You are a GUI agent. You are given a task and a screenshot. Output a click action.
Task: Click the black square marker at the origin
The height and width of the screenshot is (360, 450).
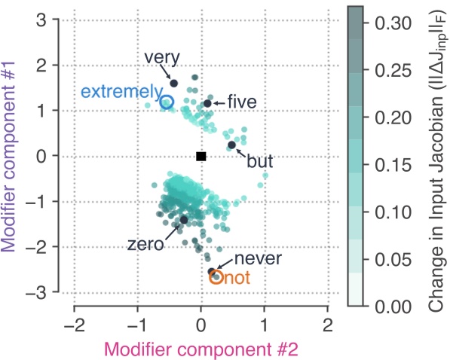(x=201, y=156)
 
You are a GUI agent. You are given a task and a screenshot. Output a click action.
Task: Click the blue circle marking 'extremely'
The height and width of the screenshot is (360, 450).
(x=167, y=102)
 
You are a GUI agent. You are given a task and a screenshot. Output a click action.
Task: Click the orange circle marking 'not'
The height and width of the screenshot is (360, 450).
(x=216, y=277)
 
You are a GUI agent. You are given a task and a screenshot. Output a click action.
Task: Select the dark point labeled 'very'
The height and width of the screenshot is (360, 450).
(x=174, y=84)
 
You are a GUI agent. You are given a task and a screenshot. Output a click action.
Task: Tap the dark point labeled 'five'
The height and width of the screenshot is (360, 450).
(x=208, y=103)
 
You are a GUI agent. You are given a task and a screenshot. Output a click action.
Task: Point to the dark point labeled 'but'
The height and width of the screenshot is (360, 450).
(x=232, y=145)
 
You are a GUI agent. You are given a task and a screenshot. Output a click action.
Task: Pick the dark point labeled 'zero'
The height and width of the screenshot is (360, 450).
(x=184, y=219)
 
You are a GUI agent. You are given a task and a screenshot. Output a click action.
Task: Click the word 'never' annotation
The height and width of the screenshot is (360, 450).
(x=242, y=259)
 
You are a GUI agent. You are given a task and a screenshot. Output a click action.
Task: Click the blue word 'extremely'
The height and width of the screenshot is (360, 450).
(x=117, y=92)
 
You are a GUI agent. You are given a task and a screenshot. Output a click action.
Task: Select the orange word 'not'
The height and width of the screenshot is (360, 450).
(x=237, y=278)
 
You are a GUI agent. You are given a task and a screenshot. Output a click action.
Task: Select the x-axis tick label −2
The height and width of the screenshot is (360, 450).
(x=74, y=325)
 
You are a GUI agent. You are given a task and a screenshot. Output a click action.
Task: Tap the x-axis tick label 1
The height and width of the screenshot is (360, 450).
(x=265, y=325)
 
